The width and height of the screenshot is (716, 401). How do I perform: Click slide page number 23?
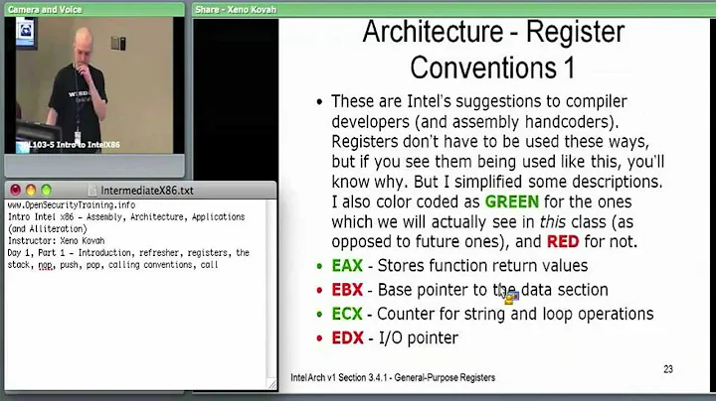[x=667, y=369]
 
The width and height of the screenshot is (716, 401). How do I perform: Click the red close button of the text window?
[x=15, y=190]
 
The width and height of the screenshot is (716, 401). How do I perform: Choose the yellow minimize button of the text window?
[x=31, y=190]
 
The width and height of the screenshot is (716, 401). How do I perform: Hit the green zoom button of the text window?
[x=47, y=190]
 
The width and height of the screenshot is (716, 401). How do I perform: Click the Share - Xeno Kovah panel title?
[x=238, y=8]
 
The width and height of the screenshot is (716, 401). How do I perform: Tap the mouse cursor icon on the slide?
[x=509, y=295]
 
